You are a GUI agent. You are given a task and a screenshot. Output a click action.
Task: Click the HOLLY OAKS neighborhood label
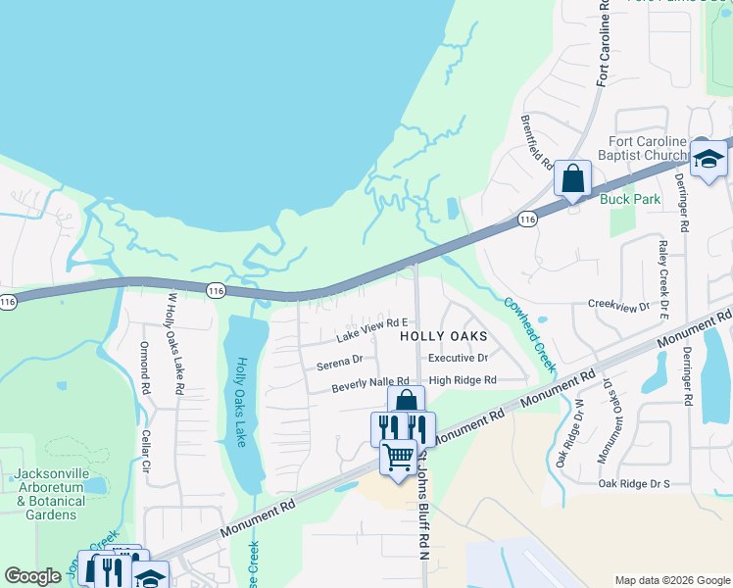point(444,335)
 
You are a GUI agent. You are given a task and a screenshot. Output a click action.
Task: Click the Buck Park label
point(630,199)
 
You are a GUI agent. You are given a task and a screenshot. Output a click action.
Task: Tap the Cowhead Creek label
point(530,334)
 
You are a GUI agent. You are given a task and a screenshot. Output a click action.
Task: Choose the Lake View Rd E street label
point(371,329)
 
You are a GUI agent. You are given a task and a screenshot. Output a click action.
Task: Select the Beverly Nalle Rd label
point(369,383)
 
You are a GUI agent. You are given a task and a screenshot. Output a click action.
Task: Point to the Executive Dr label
point(458,359)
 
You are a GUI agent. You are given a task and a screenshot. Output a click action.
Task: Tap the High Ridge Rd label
point(463,380)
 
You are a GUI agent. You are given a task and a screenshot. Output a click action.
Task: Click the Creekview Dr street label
point(618,307)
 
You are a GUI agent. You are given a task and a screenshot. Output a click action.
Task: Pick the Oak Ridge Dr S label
point(633,483)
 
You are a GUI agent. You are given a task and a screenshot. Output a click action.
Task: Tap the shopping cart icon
point(398,457)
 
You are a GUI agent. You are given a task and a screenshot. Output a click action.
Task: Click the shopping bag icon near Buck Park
point(572,179)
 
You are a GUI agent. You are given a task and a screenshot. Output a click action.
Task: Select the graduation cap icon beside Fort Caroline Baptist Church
point(708,159)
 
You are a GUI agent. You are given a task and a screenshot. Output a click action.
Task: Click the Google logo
point(32,576)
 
